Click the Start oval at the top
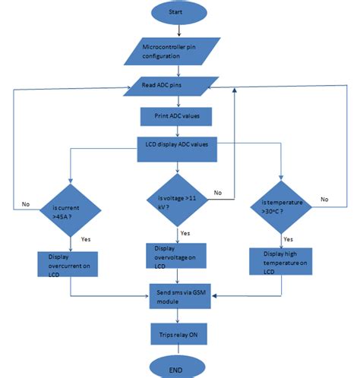[177, 13]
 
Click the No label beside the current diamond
[26, 203]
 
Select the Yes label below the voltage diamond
[185, 232]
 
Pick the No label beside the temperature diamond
[325, 198]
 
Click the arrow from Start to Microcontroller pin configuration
[177, 30]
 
